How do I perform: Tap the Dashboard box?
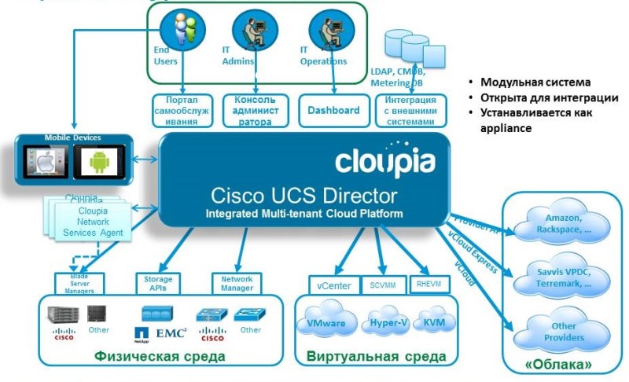tap(333, 111)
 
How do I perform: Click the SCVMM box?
tap(383, 285)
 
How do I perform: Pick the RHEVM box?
tap(429, 284)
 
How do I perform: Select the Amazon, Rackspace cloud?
tap(560, 222)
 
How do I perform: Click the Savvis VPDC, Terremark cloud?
tap(560, 277)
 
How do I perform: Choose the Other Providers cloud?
tap(560, 331)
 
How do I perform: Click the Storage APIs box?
tap(158, 284)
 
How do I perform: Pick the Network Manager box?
tap(237, 284)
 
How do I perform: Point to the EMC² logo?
tap(170, 333)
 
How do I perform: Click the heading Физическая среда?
tap(160, 357)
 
